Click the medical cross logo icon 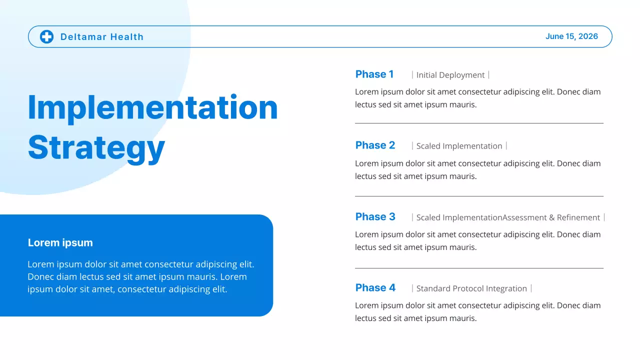coord(46,36)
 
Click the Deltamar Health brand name coord(102,37)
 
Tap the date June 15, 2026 coord(571,36)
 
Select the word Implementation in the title coord(152,107)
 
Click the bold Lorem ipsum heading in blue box coord(60,243)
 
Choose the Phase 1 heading coord(374,74)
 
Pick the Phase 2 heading coord(375,145)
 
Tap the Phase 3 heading coord(375,217)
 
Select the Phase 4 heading coord(375,288)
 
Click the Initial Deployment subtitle coord(450,75)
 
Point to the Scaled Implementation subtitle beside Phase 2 coord(459,146)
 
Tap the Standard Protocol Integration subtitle coord(471,288)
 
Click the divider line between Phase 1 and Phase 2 coord(479,123)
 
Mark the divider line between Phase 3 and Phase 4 coord(479,268)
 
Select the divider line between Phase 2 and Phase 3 coord(479,196)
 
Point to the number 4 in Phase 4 coord(392,288)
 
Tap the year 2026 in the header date coord(588,36)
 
